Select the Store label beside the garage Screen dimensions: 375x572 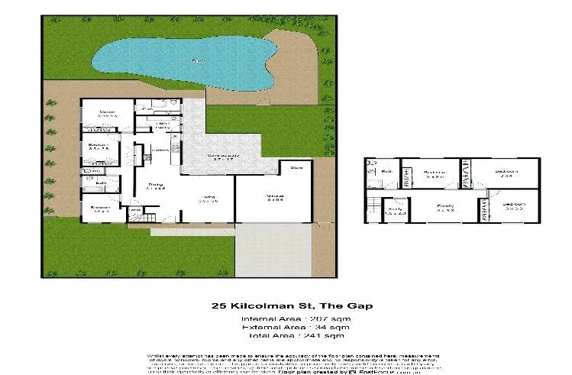[296, 166]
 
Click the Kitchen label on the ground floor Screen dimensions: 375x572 [160, 150]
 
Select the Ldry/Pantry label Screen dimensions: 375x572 [163, 124]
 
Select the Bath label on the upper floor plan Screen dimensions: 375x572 [386, 172]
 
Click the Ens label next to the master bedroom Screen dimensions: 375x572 [147, 110]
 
